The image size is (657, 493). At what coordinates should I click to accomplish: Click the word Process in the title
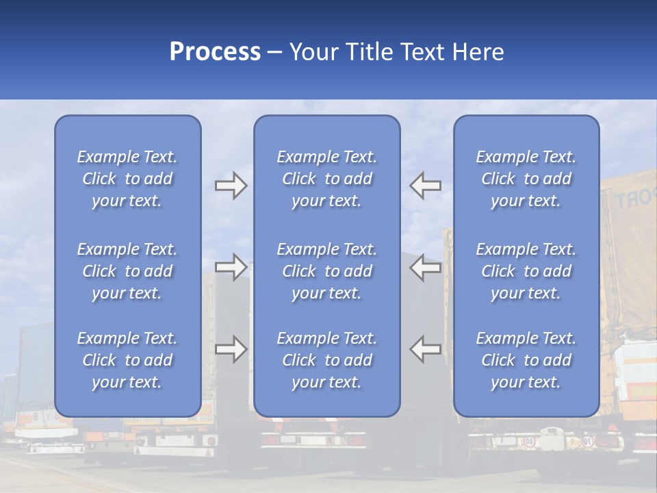click(x=215, y=52)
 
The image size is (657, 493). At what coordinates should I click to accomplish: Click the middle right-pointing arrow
click(x=231, y=267)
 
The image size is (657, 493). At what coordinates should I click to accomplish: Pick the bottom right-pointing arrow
click(x=231, y=349)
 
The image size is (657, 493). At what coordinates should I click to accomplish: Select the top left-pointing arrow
click(x=426, y=186)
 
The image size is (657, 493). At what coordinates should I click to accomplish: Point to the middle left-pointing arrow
click(x=426, y=267)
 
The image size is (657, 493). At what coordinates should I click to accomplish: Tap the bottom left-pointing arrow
click(x=426, y=349)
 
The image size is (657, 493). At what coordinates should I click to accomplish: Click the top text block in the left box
click(x=127, y=179)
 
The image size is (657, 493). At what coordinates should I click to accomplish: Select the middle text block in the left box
click(x=127, y=271)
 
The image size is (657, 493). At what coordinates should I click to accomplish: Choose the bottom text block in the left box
click(x=127, y=360)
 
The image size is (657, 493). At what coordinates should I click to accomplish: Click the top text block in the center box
click(x=327, y=179)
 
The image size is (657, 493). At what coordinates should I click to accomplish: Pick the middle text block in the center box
click(x=327, y=271)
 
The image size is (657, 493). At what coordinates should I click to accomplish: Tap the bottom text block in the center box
click(x=327, y=360)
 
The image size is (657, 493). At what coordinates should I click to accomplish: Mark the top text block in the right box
click(x=526, y=179)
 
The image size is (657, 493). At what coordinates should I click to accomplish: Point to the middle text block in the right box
click(x=526, y=271)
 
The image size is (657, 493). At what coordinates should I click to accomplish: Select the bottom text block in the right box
click(x=526, y=360)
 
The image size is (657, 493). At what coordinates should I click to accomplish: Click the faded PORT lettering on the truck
click(x=632, y=199)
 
